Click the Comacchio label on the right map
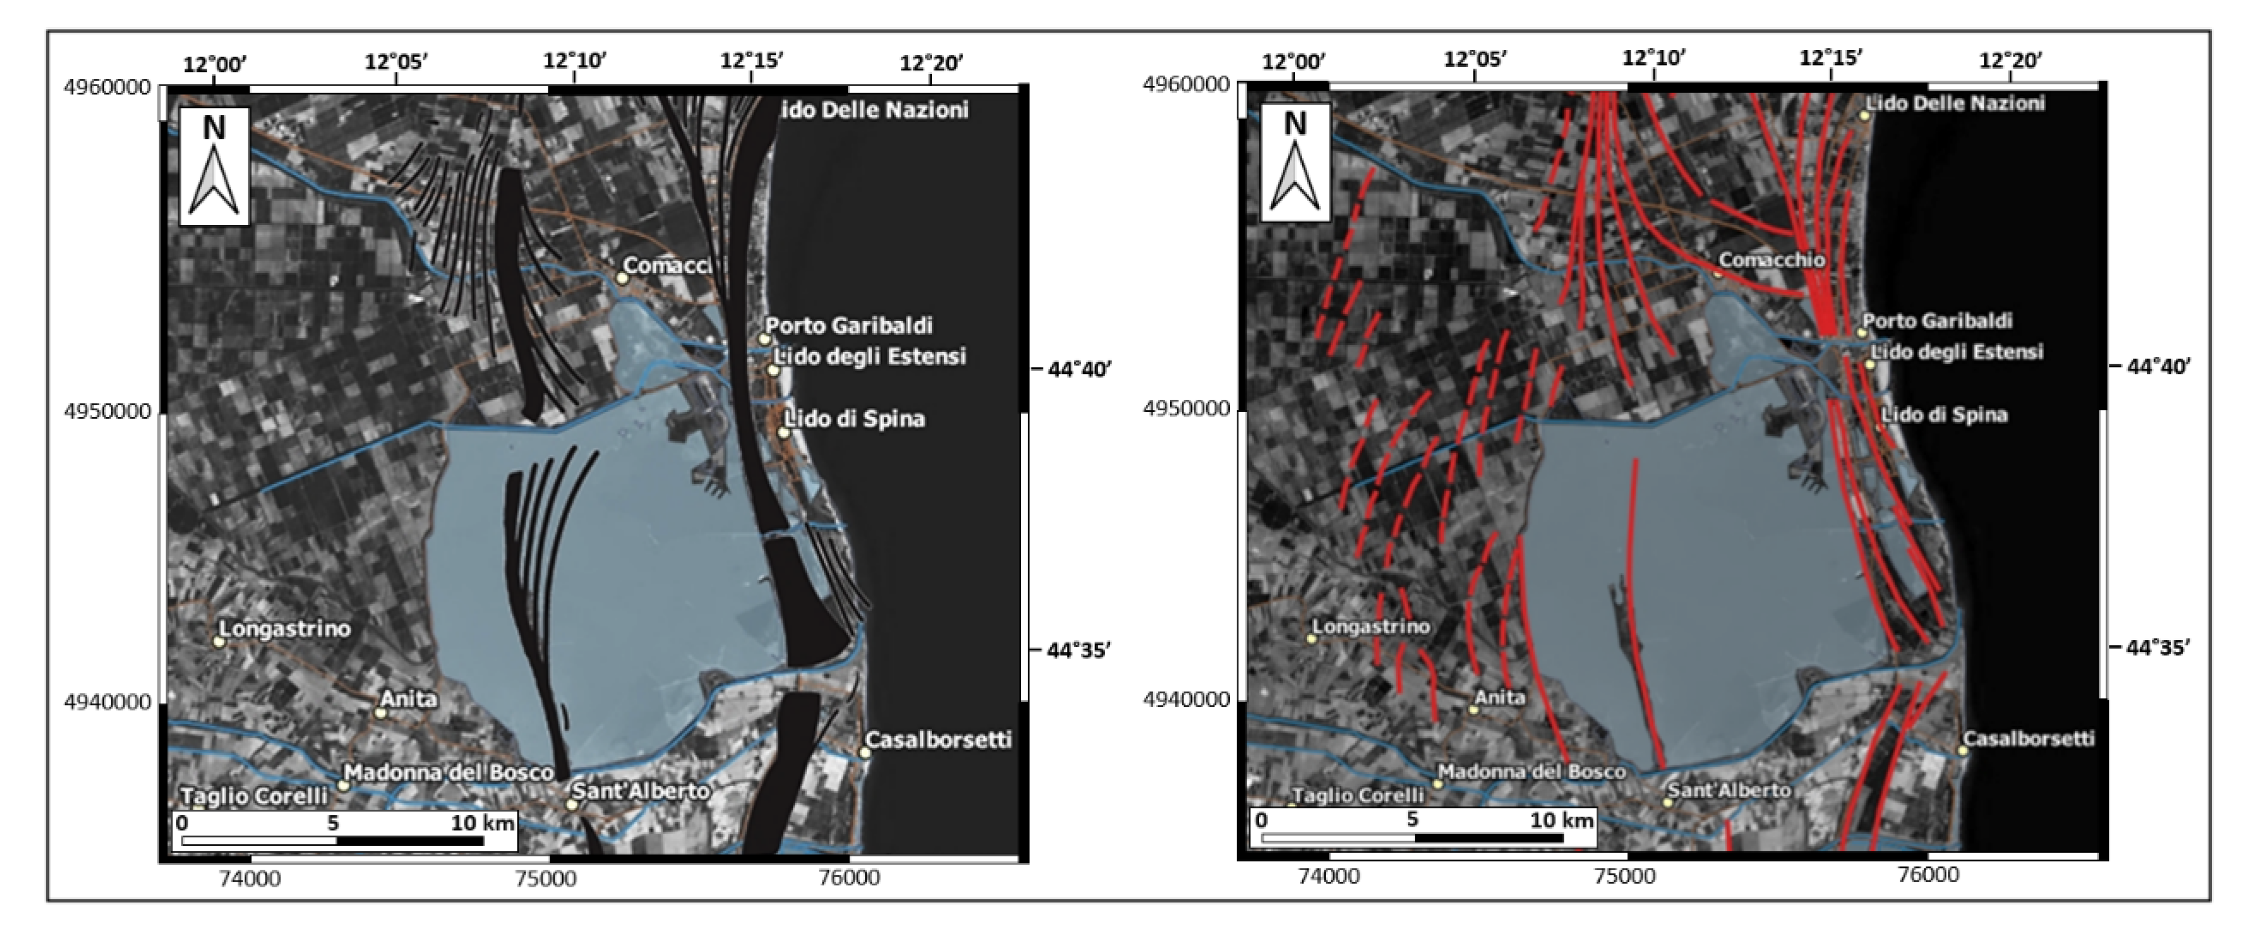click(1771, 260)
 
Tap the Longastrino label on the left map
click(285, 628)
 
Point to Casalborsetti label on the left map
click(938, 739)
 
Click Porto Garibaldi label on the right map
click(1937, 320)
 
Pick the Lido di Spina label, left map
click(855, 418)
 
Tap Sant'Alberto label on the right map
click(1729, 790)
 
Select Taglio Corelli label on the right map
click(1358, 795)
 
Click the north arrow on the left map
click(214, 167)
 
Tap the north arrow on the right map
click(1295, 163)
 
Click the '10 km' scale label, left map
click(482, 822)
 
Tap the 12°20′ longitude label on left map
click(931, 63)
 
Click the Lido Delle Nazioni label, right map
click(1955, 104)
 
